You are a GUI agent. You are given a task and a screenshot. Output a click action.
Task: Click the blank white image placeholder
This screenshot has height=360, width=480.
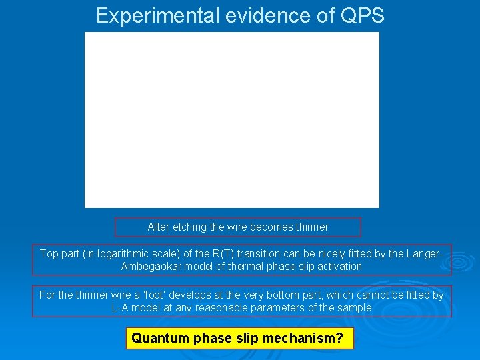click(x=231, y=120)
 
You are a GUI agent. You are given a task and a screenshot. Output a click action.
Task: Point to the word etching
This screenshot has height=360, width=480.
click(x=189, y=227)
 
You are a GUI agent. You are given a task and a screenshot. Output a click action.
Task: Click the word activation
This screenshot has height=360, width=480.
click(x=337, y=267)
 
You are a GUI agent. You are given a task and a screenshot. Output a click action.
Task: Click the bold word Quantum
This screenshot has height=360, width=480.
click(x=160, y=339)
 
